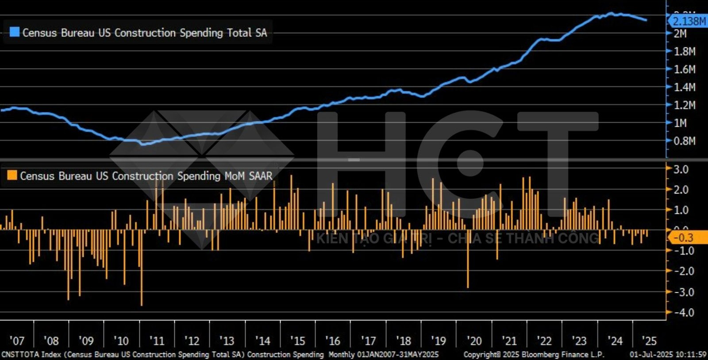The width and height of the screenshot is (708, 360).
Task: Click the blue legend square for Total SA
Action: tap(15, 32)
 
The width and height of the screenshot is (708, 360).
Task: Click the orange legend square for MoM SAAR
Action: tap(12, 175)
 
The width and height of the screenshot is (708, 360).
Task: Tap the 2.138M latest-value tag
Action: tap(689, 21)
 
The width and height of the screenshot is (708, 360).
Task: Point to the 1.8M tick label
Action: tap(684, 51)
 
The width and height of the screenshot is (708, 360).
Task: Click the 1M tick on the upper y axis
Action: tap(680, 123)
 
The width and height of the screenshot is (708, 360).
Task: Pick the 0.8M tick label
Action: tap(684, 141)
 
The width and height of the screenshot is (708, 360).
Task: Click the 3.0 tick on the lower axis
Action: tap(681, 169)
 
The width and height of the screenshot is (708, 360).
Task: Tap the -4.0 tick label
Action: tap(683, 313)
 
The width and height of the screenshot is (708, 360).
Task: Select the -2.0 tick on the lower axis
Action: tap(683, 271)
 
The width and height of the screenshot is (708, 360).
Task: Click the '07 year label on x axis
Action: tap(17, 341)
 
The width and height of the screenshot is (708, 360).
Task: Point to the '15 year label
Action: tap(298, 341)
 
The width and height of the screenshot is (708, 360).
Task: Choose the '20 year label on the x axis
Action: tap(474, 341)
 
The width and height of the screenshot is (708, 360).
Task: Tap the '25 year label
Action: tap(649, 341)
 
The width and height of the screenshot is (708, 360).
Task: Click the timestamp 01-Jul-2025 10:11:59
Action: tap(668, 355)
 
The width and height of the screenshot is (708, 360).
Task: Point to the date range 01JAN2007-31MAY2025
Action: tap(397, 355)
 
